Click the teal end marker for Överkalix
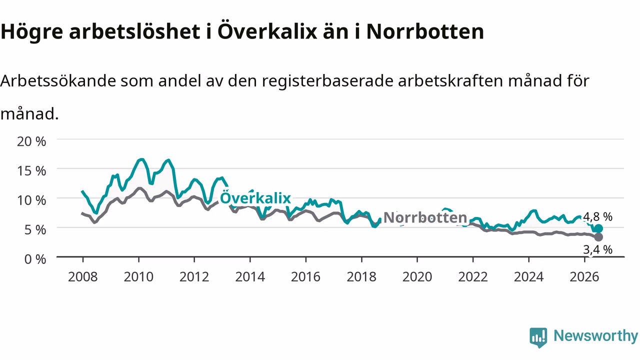coord(598,228)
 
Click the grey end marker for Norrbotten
coord(598,237)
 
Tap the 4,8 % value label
coord(597,217)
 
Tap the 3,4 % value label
coord(597,249)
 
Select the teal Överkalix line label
coord(255,198)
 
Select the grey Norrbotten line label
coord(425,217)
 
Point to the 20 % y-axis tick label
coord(31,141)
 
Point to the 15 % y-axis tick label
coord(31,171)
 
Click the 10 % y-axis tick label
coord(31,200)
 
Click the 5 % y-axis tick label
coord(35,229)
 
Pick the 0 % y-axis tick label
coord(35,259)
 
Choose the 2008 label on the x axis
coord(83,277)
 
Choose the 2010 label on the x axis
coord(138,277)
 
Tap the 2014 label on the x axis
coord(250,277)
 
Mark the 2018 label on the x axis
coord(361,277)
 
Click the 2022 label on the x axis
coord(473,277)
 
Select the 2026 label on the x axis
coord(584,277)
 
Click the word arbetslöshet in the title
coord(134,31)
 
